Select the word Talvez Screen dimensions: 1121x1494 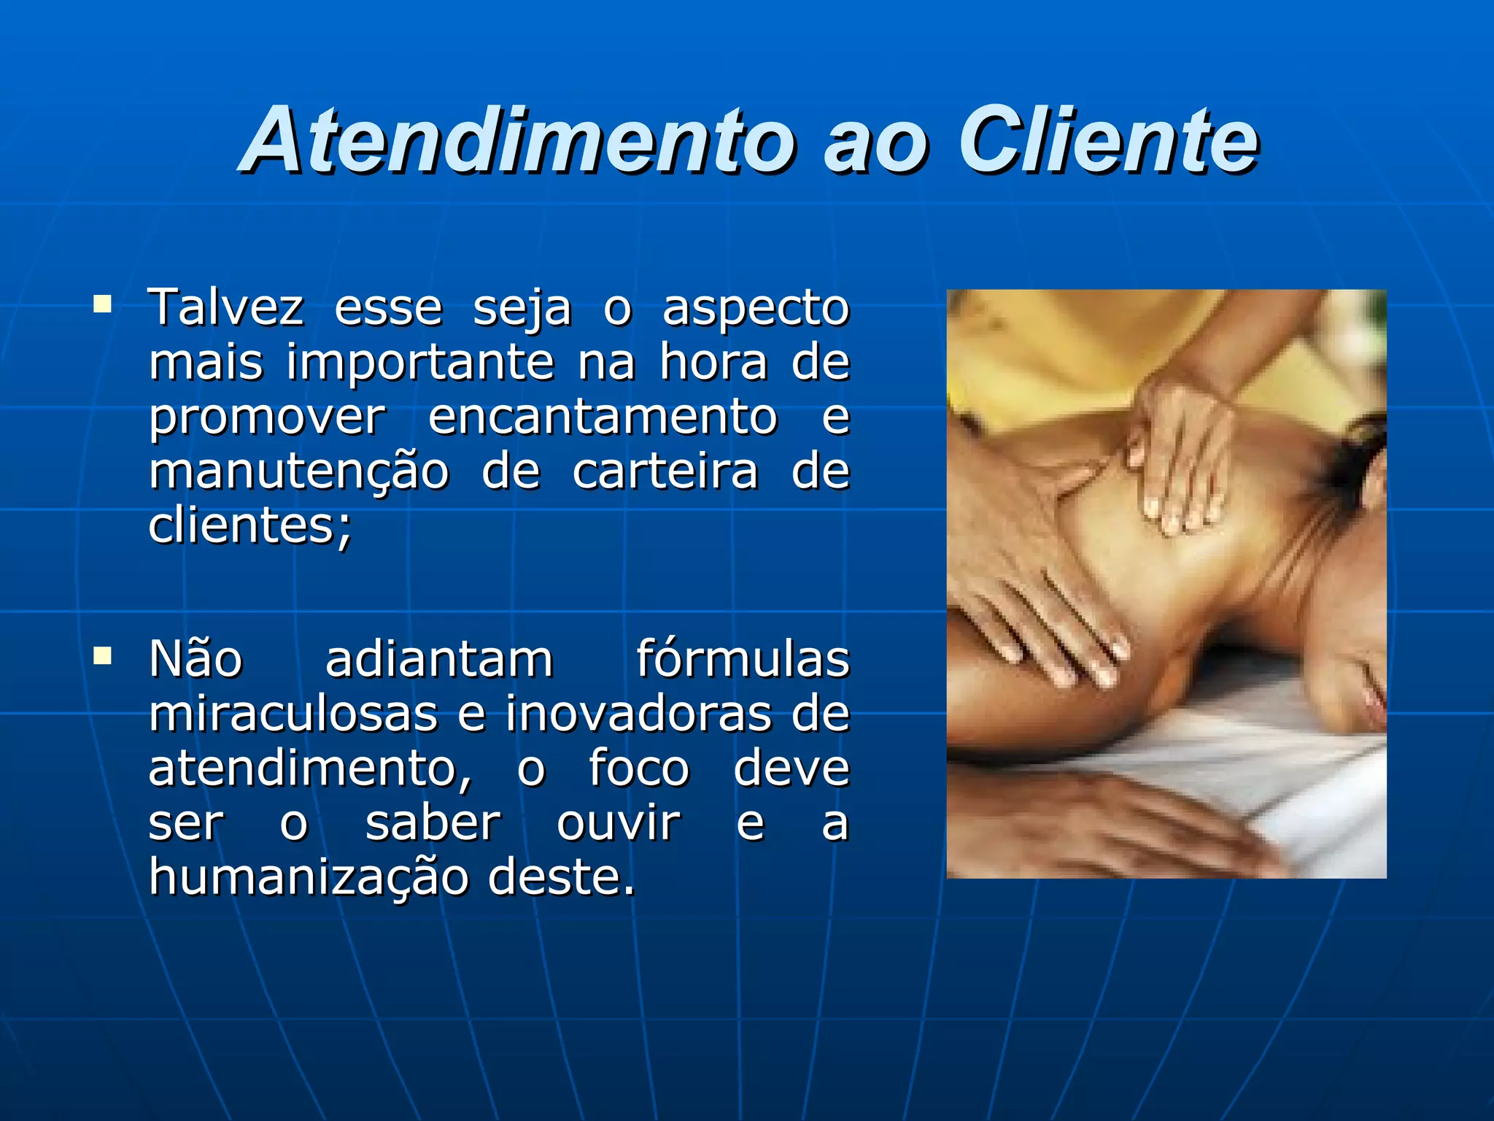(x=225, y=307)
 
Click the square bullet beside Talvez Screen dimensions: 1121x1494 (x=102, y=303)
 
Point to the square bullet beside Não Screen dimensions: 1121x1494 (x=102, y=655)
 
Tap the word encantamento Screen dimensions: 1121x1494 (x=603, y=417)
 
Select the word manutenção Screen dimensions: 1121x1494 (x=298, y=472)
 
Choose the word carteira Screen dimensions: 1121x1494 (x=665, y=471)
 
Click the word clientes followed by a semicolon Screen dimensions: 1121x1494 (x=249, y=525)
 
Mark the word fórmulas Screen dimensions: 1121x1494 (x=743, y=658)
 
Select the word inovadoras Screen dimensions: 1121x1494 (x=638, y=713)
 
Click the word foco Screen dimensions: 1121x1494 (x=638, y=768)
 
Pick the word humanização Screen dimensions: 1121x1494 (x=308, y=877)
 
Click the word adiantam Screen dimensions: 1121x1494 (x=439, y=658)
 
